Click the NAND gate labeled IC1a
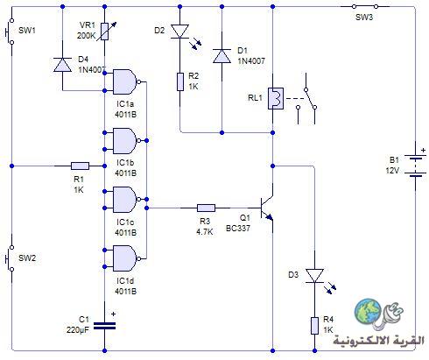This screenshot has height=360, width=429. [126, 81]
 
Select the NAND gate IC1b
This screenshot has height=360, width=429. [126, 141]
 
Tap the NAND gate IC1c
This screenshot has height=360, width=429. [126, 200]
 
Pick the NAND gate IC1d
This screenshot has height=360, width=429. [126, 258]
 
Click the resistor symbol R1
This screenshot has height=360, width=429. [81, 166]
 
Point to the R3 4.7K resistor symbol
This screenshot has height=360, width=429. [206, 208]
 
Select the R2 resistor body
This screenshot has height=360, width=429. [180, 82]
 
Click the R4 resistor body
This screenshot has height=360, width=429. [314, 326]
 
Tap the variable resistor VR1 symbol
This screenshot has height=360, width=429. [105, 32]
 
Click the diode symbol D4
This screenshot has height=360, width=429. [62, 65]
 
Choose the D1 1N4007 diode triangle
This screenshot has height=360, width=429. [222, 56]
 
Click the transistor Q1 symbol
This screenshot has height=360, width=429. [267, 208]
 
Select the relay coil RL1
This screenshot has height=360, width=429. [276, 98]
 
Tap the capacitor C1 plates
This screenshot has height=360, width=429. [104, 326]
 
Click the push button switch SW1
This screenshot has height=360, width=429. [10, 32]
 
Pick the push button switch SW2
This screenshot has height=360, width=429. [10, 258]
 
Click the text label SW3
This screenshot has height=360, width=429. [364, 18]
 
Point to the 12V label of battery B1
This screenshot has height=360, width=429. [392, 170]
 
